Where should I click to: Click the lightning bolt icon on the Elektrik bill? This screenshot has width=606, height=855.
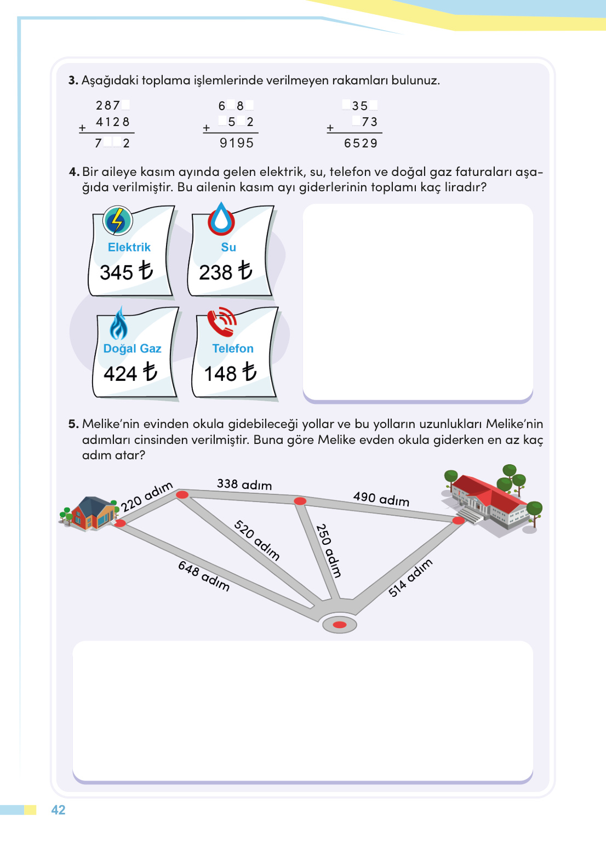[117, 221]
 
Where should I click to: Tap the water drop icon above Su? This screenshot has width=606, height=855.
[221, 219]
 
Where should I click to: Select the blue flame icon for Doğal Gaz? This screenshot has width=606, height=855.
[118, 324]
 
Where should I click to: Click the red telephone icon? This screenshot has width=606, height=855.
[222, 322]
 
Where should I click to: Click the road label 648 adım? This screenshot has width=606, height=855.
[204, 575]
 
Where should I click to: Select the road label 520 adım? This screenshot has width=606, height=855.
[257, 540]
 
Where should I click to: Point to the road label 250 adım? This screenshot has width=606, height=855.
[329, 551]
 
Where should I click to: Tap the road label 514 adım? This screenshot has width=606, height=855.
[410, 577]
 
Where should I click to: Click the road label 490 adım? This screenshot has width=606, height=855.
[381, 499]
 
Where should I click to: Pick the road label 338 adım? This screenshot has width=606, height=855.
[244, 484]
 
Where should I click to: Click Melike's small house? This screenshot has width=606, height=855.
[91, 514]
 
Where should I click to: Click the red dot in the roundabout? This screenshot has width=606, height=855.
[340, 625]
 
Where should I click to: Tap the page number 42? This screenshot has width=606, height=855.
[58, 810]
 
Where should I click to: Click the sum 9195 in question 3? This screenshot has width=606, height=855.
[237, 143]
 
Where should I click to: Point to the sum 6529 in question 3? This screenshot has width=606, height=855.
[361, 143]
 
